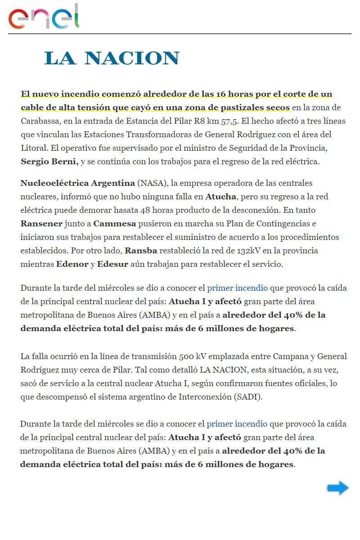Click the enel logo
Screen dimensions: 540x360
click(x=44, y=17)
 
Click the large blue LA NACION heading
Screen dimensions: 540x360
click(x=112, y=58)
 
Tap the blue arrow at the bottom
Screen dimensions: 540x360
click(x=337, y=488)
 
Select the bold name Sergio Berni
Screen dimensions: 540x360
click(x=49, y=162)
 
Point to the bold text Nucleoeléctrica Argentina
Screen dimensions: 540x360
click(x=77, y=183)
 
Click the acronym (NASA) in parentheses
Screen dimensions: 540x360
click(x=151, y=183)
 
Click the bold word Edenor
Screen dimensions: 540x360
click(x=72, y=264)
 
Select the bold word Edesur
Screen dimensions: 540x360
click(x=112, y=264)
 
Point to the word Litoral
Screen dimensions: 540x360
click(x=33, y=148)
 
